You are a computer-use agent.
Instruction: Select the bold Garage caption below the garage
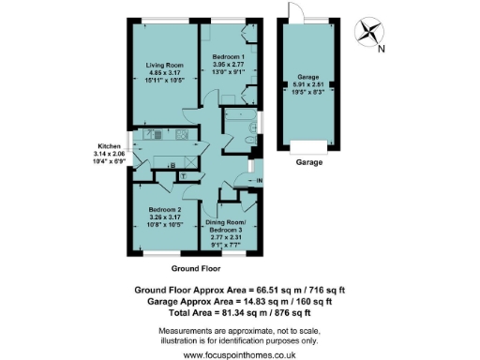point(310,162)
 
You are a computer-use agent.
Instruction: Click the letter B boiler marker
point(171,165)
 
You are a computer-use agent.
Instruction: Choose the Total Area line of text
point(239,313)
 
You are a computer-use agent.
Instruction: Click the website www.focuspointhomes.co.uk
point(239,354)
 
